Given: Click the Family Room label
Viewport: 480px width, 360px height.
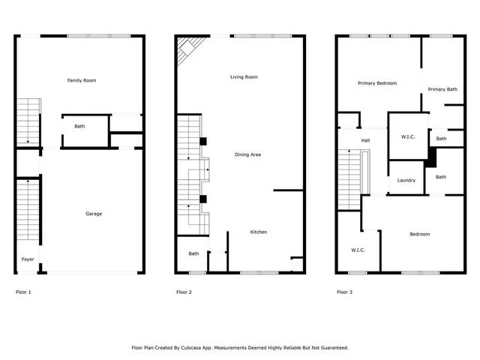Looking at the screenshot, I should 82,80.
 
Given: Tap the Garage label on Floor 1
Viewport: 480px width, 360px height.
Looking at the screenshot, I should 93,214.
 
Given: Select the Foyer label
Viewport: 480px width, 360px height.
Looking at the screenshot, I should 27,259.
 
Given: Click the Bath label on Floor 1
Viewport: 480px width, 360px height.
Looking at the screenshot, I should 79,126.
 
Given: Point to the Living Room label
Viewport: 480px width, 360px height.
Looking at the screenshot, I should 244,76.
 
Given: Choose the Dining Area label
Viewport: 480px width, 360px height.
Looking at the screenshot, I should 247,154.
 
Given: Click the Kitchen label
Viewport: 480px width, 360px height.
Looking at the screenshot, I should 258,232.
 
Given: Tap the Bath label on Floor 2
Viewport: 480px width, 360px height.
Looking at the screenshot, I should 193,253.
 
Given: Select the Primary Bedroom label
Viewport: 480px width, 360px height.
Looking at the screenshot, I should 377,83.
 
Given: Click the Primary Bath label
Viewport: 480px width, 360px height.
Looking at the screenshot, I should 442,89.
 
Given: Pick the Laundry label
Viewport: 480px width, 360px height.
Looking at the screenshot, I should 406,180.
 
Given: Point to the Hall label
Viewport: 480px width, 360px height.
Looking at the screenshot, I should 365,140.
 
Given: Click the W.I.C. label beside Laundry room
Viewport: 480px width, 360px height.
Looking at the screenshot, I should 409,136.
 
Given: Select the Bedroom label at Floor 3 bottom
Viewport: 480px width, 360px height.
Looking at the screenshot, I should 419,234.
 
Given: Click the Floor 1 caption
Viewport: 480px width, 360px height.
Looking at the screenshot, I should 24,292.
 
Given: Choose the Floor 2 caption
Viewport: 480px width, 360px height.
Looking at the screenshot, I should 184,292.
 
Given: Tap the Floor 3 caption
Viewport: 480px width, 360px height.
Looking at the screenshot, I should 344,292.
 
